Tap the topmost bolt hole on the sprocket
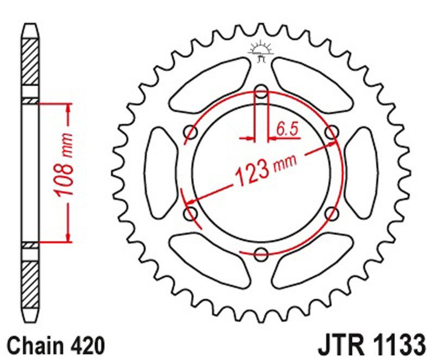(x=261, y=92)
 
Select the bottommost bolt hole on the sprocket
(x=261, y=253)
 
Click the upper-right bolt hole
(x=331, y=132)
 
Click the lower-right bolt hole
(x=331, y=213)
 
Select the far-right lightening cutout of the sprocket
(x=365, y=172)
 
